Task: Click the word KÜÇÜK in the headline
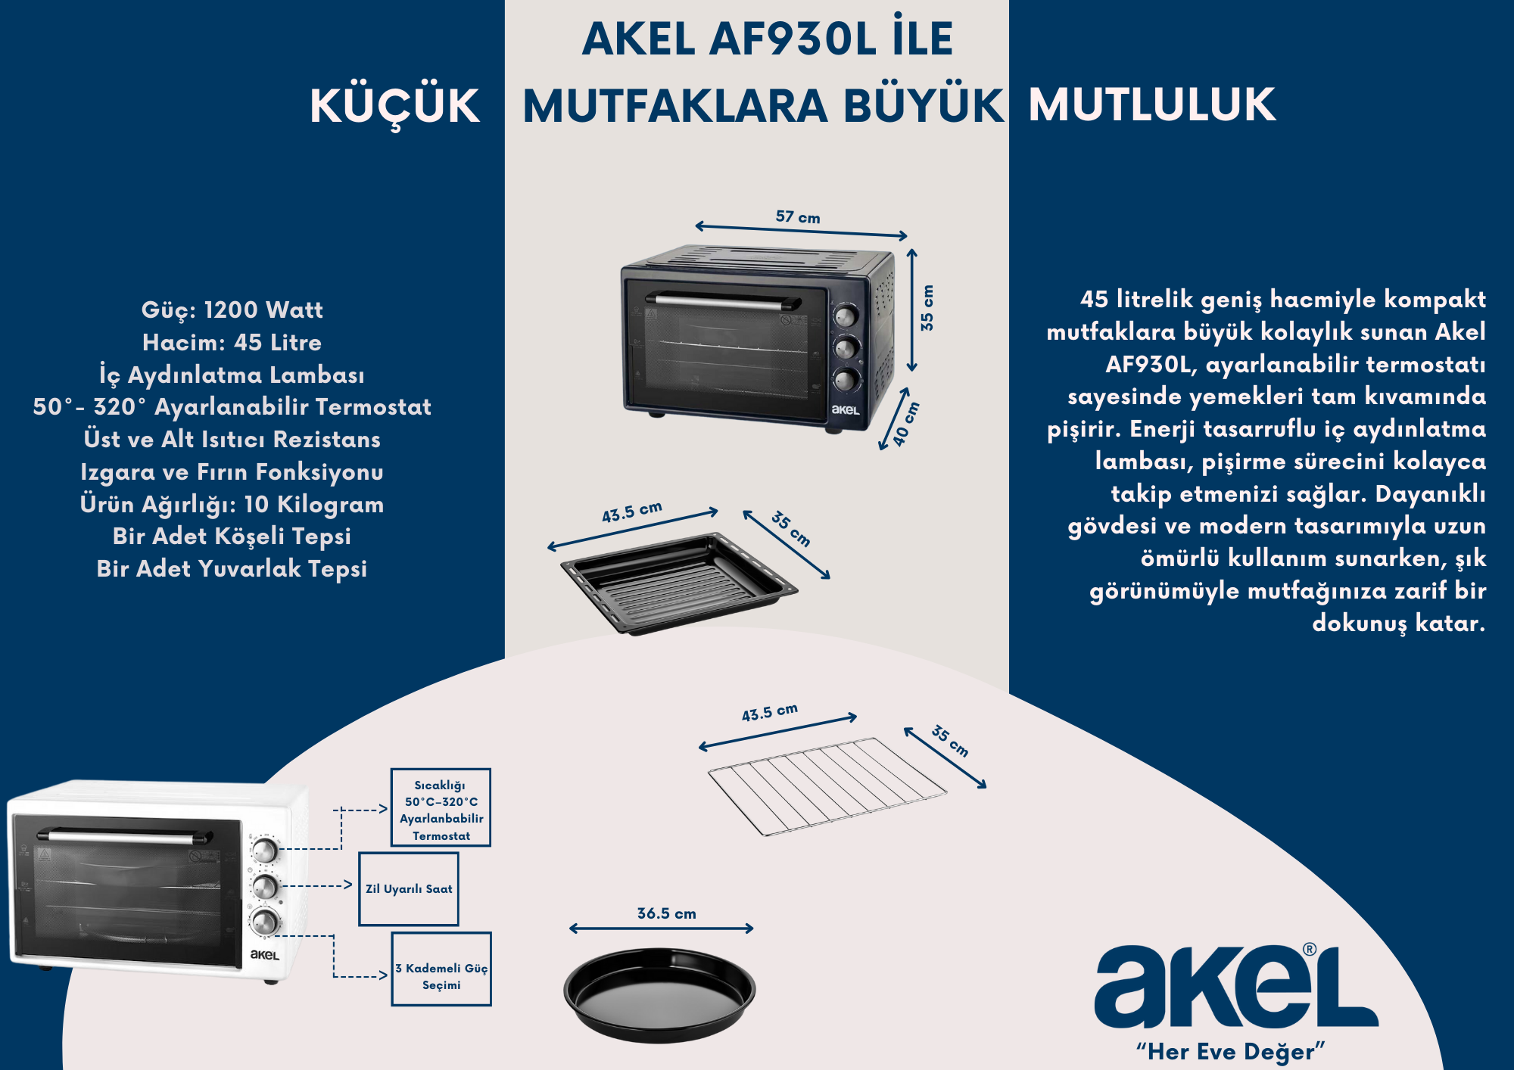pyautogui.click(x=394, y=106)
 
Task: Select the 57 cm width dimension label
pyautogui.click(x=798, y=217)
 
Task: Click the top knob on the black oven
pyautogui.click(x=846, y=316)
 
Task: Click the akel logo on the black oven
pyautogui.click(x=846, y=409)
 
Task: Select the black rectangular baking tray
pyautogui.click(x=679, y=582)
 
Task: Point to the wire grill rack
pyautogui.click(x=827, y=786)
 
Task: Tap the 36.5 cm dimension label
pyautogui.click(x=666, y=913)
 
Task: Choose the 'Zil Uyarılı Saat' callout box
pyautogui.click(x=409, y=889)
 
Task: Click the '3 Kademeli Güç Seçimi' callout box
pyautogui.click(x=441, y=969)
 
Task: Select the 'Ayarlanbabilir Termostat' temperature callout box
pyautogui.click(x=441, y=807)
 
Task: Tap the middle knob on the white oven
pyautogui.click(x=265, y=886)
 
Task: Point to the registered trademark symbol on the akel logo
pyautogui.click(x=1310, y=949)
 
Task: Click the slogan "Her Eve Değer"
pyautogui.click(x=1231, y=1051)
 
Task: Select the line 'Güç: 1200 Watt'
pyautogui.click(x=232, y=309)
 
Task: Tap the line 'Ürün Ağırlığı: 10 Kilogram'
pyautogui.click(x=232, y=504)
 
